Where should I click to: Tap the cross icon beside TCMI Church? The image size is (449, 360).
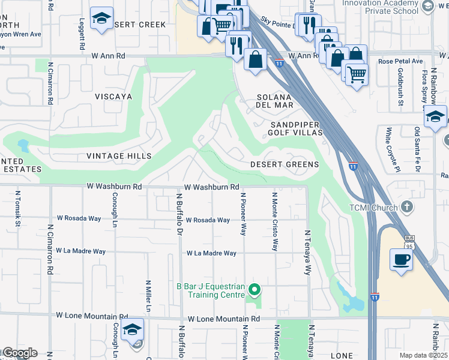pos(408,208)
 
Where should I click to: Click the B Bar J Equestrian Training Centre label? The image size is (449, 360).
pos(211,291)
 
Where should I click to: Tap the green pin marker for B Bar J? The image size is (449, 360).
pos(255,291)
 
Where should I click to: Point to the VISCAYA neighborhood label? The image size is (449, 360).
pos(112,96)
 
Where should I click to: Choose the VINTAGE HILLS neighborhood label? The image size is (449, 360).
pos(119,156)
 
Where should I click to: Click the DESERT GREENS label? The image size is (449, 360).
pos(284,164)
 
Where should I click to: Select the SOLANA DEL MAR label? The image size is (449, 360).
pos(275,101)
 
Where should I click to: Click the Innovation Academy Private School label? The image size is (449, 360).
pos(380,7)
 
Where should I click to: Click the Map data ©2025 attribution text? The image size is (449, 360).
pos(423,355)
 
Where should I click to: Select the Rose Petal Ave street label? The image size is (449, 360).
pos(400,61)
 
